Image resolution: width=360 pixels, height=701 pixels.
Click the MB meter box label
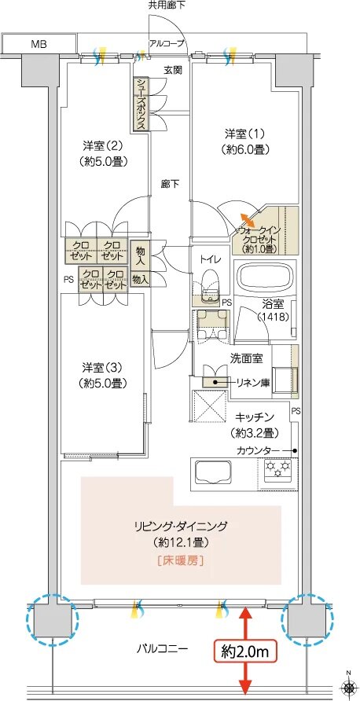coord(39,44)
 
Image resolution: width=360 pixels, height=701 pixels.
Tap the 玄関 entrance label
coord(172,70)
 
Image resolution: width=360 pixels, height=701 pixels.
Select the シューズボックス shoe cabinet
coord(141,105)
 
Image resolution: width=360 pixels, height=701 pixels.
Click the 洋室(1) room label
coord(245,141)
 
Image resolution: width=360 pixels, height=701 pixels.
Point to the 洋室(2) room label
coord(103,152)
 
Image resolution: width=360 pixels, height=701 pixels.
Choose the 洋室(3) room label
coord(102,375)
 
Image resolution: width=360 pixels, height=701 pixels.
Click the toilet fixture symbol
coord(210,287)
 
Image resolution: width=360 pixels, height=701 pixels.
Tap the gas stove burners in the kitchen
coord(277,470)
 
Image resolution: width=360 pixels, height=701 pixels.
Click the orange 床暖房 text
coord(181,560)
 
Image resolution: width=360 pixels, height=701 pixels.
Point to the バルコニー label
coord(162,648)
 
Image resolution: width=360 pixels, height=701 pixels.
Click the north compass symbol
coord(348,686)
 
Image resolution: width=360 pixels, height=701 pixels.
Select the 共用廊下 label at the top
coord(167,6)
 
